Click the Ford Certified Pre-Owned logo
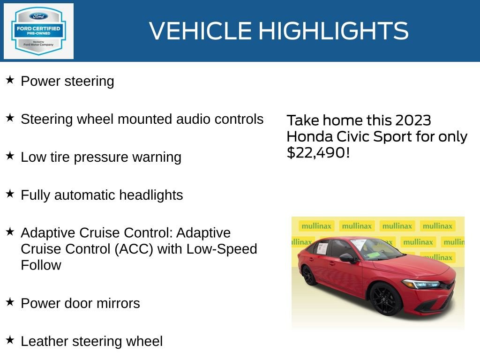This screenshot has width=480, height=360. pyautogui.click(x=38, y=31)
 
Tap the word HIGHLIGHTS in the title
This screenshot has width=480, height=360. pyautogui.click(x=333, y=31)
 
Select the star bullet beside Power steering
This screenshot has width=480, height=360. pyautogui.click(x=10, y=80)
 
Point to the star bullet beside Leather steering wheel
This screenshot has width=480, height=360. pyautogui.click(x=10, y=340)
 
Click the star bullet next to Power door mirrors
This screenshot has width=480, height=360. pyautogui.click(x=10, y=302)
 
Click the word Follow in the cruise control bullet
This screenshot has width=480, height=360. pyautogui.click(x=41, y=265)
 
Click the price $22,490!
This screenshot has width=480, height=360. pyautogui.click(x=318, y=153)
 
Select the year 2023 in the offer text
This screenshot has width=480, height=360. pyautogui.click(x=413, y=120)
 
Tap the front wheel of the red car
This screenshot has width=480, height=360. pyautogui.click(x=386, y=299)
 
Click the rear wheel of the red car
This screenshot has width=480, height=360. pyautogui.click(x=309, y=276)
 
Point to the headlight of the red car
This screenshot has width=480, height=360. pyautogui.click(x=421, y=284)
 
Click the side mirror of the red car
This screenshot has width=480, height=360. pyautogui.click(x=347, y=257)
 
